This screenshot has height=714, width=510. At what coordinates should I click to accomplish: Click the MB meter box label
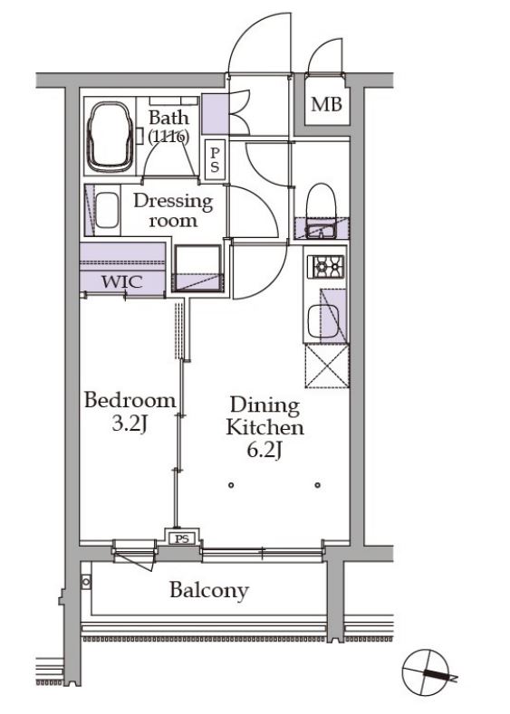point(326,105)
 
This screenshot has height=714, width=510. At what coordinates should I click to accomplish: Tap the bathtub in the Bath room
point(111,137)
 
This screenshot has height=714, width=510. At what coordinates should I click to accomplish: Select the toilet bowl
point(321,200)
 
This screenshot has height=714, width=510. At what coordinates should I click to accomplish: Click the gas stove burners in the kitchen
point(326,266)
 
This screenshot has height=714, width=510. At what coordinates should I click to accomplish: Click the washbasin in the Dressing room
point(107,210)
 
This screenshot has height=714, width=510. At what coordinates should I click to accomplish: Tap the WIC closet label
point(122,281)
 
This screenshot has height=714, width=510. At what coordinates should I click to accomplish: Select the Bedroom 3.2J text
point(130,411)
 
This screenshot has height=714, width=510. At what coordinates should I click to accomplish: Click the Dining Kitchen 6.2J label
point(265,427)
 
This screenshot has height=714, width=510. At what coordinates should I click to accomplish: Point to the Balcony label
point(209,590)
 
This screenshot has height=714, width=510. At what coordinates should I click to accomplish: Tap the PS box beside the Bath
point(215,158)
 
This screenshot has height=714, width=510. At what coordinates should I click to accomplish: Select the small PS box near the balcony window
point(182,539)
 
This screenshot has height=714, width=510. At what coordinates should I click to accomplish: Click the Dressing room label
point(173,210)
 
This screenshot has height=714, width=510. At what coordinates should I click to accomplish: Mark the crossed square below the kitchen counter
point(327,367)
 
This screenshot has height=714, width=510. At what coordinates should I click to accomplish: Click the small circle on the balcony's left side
point(86,582)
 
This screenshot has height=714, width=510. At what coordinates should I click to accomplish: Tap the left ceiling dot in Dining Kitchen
point(232,485)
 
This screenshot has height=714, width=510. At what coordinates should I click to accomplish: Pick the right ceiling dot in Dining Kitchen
point(318,485)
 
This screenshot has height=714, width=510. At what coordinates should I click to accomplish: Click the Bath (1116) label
point(168,127)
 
